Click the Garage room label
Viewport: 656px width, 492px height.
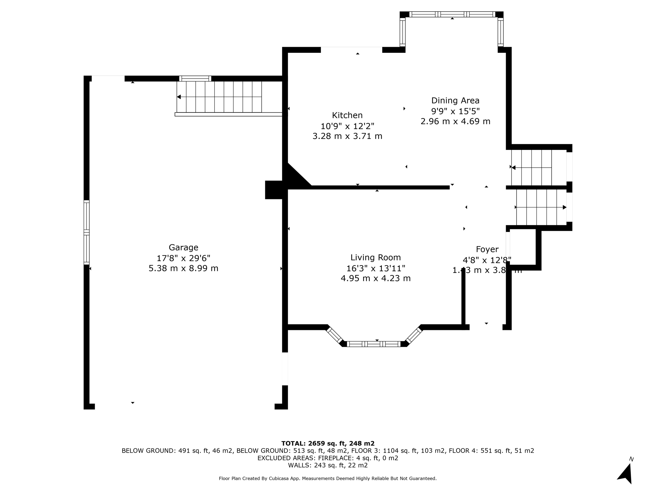click(183, 247)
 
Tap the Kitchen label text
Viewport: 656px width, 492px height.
click(347, 115)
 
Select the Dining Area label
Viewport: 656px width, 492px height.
click(455, 101)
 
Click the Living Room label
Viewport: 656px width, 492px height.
click(375, 258)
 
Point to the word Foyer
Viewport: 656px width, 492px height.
click(487, 249)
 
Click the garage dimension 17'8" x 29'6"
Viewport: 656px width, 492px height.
click(183, 258)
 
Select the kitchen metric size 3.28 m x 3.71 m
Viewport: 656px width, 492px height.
click(347, 136)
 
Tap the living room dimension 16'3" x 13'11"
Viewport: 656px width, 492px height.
click(375, 268)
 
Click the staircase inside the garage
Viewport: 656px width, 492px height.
click(219, 97)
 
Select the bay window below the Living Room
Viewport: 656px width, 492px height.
click(374, 344)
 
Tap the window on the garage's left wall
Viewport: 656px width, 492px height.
click(86, 232)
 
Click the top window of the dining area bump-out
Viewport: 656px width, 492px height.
click(452, 14)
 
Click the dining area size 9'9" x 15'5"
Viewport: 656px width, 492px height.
click(455, 111)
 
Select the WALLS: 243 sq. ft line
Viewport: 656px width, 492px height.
click(327, 465)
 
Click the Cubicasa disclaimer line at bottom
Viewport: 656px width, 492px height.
click(327, 479)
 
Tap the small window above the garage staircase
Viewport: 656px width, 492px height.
click(195, 78)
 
